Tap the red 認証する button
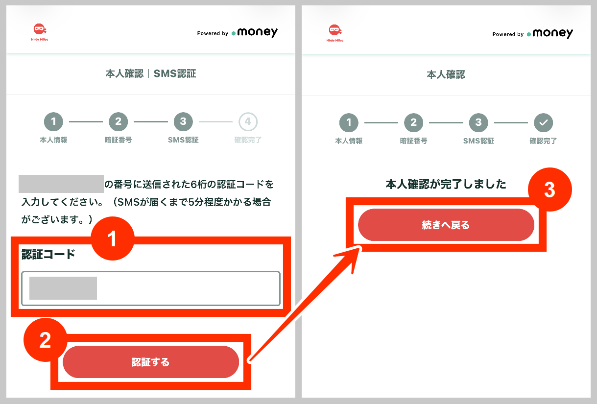[x=151, y=361]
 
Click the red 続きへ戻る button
[x=446, y=225]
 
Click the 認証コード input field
[x=151, y=288]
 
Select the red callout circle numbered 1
[x=113, y=238]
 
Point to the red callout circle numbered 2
[x=46, y=340]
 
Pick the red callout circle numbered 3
[x=550, y=190]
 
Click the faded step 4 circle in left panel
[x=248, y=122]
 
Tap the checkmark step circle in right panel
[x=543, y=122]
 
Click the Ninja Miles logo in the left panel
[x=40, y=32]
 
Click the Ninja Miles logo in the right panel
[x=335, y=33]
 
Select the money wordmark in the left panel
[x=257, y=32]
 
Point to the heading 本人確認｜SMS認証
[x=151, y=73]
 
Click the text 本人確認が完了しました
[x=446, y=184]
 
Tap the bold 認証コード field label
[x=48, y=254]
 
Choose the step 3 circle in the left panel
[x=183, y=122]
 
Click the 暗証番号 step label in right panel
[x=413, y=141]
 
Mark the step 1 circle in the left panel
[x=53, y=122]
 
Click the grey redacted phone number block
[x=61, y=184]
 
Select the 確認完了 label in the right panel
[x=543, y=141]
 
